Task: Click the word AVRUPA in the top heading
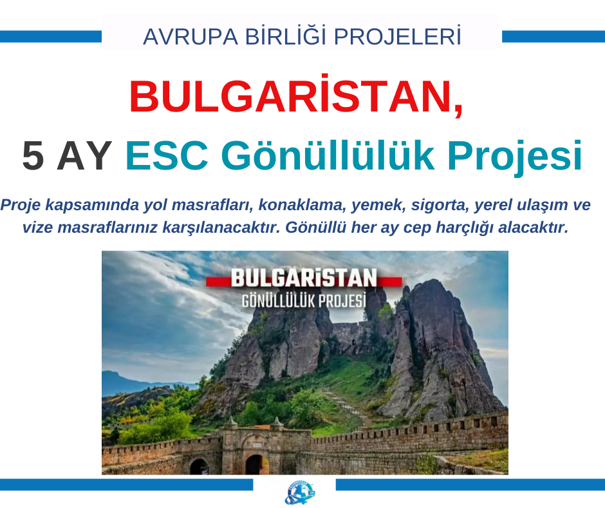(x=191, y=37)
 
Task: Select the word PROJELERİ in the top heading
(x=397, y=36)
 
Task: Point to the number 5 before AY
(x=33, y=156)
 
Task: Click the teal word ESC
(x=167, y=156)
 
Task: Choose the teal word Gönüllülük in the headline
(x=328, y=155)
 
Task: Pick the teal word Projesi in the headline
(x=515, y=157)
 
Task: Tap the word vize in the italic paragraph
(x=37, y=228)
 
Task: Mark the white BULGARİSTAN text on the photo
(x=304, y=278)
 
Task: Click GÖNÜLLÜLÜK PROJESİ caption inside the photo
(x=304, y=300)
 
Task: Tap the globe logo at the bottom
(x=300, y=493)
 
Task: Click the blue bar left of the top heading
(x=51, y=36)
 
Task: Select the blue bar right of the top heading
(x=554, y=36)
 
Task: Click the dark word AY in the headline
(x=84, y=156)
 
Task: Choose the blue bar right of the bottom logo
(x=470, y=484)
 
